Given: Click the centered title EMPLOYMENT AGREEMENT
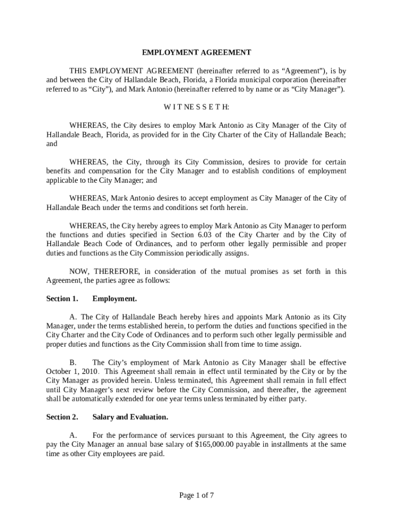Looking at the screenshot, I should (196, 52).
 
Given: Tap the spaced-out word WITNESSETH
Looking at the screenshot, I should (196, 107).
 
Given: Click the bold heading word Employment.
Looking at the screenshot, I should (114, 298).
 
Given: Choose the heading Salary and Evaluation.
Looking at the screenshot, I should (130, 417).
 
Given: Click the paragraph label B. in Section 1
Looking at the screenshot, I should (73, 362).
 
